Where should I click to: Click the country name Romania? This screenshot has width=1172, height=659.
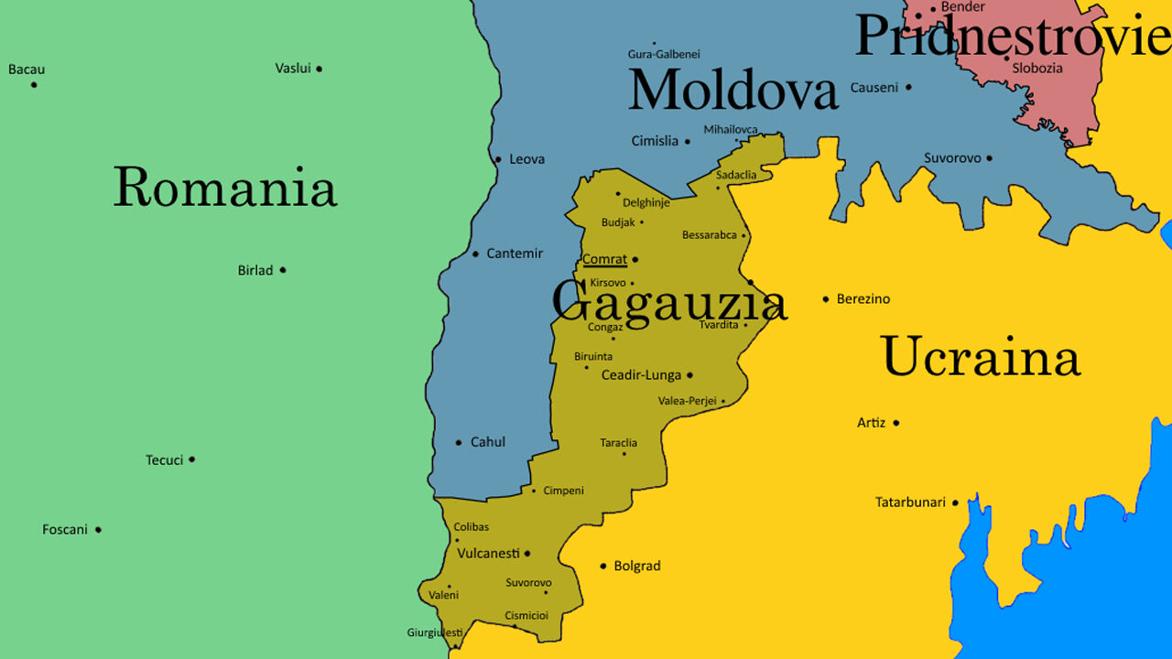click(225, 188)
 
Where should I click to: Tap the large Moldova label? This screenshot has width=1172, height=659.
click(732, 91)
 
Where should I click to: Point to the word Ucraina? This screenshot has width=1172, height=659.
click(980, 357)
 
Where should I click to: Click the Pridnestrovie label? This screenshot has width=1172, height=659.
click(1012, 38)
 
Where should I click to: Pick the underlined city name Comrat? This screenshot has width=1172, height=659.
click(604, 260)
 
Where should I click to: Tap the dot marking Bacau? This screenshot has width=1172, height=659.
click(34, 85)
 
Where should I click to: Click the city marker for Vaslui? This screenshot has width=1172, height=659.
click(319, 69)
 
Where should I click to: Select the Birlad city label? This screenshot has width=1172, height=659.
click(255, 270)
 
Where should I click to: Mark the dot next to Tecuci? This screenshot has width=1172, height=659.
click(191, 459)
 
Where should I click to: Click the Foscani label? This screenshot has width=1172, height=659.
click(65, 529)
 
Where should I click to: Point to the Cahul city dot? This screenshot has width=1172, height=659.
click(459, 443)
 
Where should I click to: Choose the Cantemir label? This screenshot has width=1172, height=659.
click(515, 254)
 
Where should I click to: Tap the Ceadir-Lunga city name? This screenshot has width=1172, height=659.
click(641, 375)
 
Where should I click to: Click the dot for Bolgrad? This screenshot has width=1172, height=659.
click(602, 566)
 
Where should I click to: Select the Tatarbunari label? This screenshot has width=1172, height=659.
click(910, 502)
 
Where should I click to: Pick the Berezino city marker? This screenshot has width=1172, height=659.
click(826, 299)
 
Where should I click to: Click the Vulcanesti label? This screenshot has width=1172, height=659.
click(488, 553)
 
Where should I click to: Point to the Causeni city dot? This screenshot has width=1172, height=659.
click(908, 88)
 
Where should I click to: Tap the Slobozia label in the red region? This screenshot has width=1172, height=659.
click(1037, 68)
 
